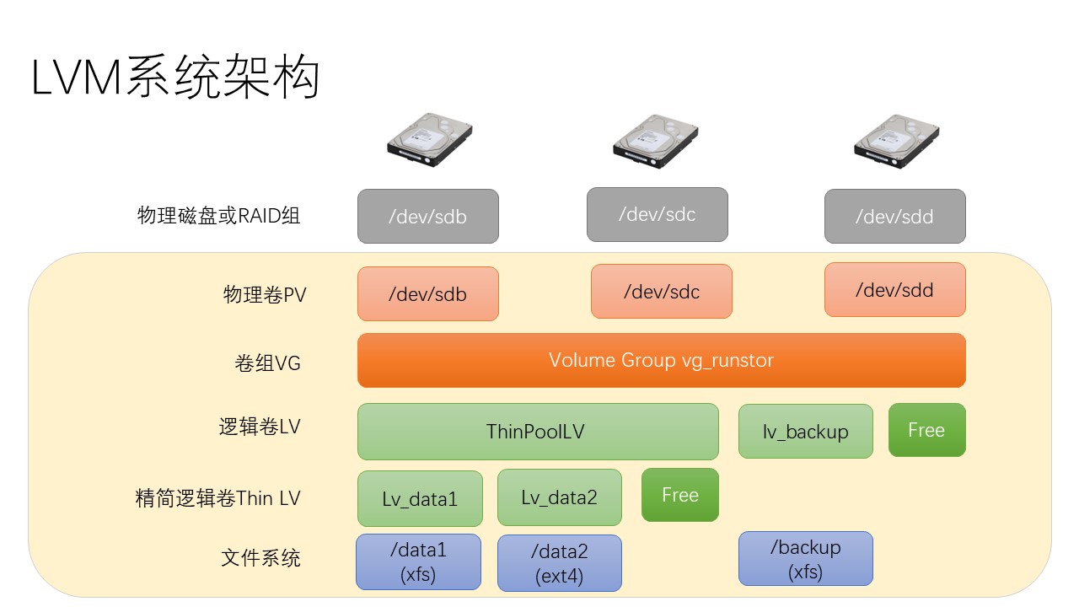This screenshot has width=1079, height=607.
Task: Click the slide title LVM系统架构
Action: (x=175, y=77)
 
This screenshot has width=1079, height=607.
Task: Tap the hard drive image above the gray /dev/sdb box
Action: (x=430, y=140)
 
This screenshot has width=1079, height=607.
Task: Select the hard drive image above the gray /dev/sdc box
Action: (x=656, y=141)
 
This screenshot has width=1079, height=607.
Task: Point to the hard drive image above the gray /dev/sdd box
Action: (x=896, y=141)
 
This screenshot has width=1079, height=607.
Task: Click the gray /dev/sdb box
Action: (x=427, y=217)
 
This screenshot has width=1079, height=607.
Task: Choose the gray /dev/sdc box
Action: (x=657, y=214)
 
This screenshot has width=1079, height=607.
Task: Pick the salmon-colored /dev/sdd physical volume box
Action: (x=895, y=289)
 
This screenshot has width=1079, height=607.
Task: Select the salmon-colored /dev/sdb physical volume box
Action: (x=427, y=294)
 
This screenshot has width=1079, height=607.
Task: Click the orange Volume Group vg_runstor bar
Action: (x=662, y=360)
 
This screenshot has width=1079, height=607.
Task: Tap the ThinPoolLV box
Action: (x=538, y=432)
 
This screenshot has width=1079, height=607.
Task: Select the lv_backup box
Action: (x=805, y=431)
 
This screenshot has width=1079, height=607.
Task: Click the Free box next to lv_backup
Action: (x=926, y=430)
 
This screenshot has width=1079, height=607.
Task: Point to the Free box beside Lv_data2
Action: (x=680, y=495)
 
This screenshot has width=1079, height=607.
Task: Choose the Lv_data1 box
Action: (x=420, y=498)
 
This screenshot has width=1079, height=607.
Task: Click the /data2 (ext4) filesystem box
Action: (x=559, y=563)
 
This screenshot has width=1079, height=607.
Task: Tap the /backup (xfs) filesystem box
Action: (x=805, y=559)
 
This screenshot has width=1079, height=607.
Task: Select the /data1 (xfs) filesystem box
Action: (x=418, y=561)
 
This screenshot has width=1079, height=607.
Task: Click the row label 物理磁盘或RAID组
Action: (x=218, y=215)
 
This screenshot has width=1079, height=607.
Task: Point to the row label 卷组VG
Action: (x=267, y=363)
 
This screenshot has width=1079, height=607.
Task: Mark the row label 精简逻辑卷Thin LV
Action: (x=217, y=498)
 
